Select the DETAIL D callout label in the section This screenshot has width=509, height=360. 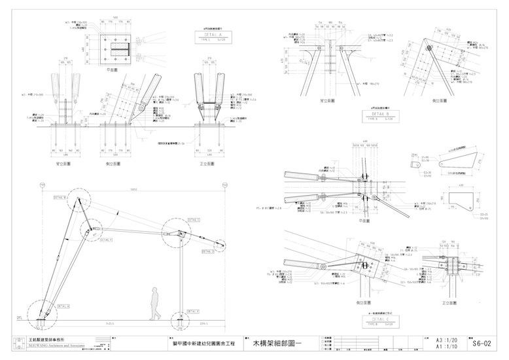208,251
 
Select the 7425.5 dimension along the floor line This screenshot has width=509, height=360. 108,323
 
